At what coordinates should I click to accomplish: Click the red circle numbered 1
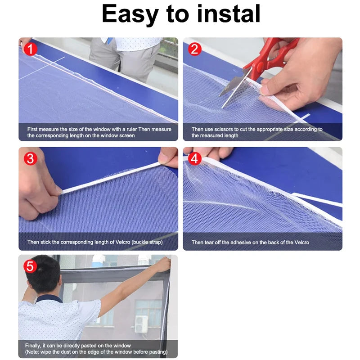[x=30, y=49]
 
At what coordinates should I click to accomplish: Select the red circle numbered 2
[x=194, y=49]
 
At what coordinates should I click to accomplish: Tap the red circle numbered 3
[x=30, y=159]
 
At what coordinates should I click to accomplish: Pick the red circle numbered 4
[x=194, y=159]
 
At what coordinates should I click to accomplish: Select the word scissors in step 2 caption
[x=224, y=129]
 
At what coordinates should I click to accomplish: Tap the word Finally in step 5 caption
[x=33, y=346]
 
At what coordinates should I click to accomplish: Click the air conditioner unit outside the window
[x=141, y=324]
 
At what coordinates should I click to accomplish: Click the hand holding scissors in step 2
[x=303, y=73]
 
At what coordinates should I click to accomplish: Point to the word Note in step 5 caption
[x=32, y=352]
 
